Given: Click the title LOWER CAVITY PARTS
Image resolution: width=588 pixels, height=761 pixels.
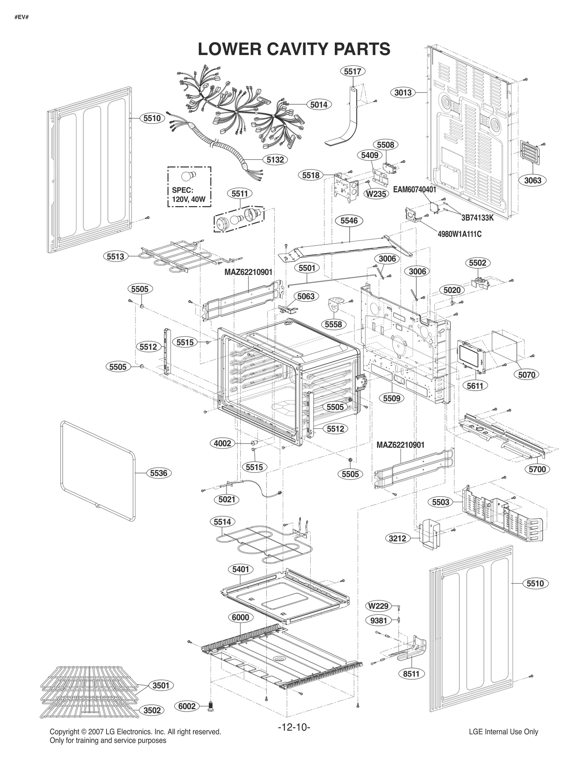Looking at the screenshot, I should click(x=294, y=49).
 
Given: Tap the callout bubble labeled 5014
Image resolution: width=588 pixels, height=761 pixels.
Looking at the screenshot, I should click(x=319, y=105).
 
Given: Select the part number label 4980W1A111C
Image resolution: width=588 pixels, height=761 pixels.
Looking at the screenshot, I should click(x=459, y=234).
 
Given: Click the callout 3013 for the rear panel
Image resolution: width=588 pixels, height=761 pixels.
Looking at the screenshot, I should click(x=403, y=93).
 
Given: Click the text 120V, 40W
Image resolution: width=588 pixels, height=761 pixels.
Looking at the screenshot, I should click(x=189, y=200).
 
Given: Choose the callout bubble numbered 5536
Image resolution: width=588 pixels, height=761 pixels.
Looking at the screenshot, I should click(x=159, y=473).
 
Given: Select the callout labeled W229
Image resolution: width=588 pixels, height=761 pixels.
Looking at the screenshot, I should click(x=378, y=606).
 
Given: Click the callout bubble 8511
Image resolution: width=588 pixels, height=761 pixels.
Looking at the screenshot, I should click(x=411, y=674).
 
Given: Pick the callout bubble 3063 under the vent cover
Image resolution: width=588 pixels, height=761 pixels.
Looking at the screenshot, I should click(x=533, y=180).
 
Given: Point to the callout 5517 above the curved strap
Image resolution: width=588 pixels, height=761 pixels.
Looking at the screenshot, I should click(x=352, y=71).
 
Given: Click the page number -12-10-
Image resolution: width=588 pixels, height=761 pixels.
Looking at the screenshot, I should click(x=294, y=727).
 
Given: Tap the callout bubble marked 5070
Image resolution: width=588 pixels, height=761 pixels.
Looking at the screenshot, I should click(x=527, y=375).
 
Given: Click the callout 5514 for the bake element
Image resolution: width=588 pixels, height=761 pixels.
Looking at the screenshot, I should click(x=222, y=522).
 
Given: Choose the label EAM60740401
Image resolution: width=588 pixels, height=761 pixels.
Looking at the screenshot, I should click(x=414, y=190).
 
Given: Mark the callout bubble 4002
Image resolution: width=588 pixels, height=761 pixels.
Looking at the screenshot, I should click(x=222, y=443).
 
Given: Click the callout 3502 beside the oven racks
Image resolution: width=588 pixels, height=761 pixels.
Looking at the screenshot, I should click(x=152, y=710).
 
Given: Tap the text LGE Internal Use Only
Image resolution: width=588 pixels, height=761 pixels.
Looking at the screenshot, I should click(x=503, y=732).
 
